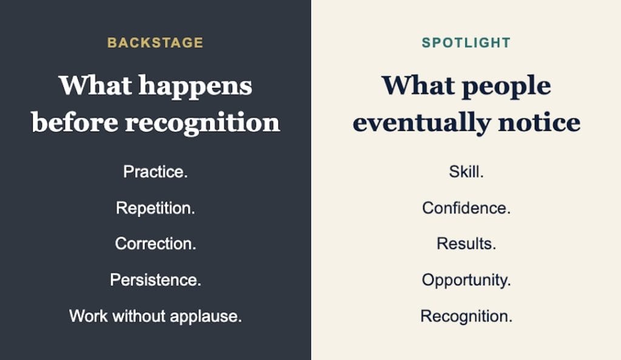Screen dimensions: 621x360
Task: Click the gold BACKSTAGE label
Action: [155, 42]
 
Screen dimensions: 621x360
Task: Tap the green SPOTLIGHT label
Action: [466, 42]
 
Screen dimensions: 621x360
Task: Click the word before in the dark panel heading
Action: [75, 122]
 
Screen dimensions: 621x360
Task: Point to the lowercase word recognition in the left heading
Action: [203, 124]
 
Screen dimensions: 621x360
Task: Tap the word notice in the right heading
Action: [539, 122]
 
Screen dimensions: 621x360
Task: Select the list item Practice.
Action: [155, 172]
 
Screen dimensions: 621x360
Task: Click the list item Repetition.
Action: [155, 208]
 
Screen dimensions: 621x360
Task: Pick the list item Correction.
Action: [156, 244]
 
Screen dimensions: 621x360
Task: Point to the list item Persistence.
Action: [156, 280]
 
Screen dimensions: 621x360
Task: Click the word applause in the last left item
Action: [206, 317]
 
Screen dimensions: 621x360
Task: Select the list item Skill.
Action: [466, 172]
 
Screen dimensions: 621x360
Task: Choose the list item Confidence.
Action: [466, 208]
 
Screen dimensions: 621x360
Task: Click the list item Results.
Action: [466, 244]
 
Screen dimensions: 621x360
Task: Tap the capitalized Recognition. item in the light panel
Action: [466, 317]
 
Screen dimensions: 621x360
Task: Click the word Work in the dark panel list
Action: [89, 316]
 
